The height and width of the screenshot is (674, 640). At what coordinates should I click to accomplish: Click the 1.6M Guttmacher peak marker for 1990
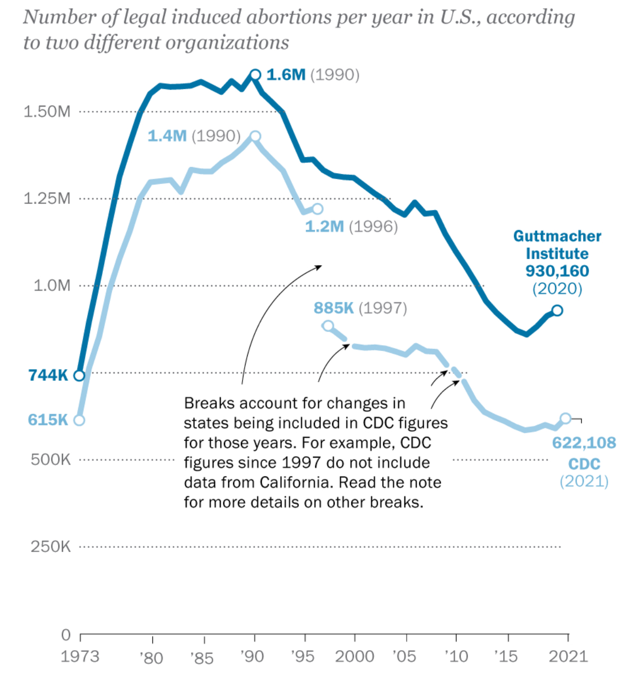coord(255,75)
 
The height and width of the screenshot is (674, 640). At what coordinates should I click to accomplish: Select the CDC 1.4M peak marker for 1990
coord(255,136)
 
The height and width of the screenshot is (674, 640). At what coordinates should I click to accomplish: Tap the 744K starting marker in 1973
coord(79,375)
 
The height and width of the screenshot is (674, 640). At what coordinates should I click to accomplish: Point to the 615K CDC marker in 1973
coord(79,420)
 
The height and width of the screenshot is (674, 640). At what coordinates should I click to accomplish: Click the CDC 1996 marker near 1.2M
coord(317,209)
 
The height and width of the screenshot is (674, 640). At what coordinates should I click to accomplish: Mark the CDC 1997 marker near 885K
coord(328,326)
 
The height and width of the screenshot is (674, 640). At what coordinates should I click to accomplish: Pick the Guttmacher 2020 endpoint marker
coord(557,310)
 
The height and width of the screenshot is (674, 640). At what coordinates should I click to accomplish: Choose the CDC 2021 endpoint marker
coord(566,418)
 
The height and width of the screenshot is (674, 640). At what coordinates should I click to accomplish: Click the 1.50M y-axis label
coord(47,111)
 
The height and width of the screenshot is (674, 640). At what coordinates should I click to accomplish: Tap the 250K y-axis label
coord(50,546)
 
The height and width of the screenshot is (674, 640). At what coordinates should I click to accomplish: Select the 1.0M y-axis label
coord(52,285)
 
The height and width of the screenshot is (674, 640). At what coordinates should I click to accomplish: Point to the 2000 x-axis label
coord(354,657)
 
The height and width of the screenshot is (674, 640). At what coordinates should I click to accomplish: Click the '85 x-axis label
coord(202,658)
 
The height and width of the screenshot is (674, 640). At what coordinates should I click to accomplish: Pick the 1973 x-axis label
coord(80,657)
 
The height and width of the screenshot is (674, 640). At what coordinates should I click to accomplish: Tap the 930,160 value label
coord(557,271)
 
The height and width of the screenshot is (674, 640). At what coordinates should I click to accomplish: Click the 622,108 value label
coord(584,443)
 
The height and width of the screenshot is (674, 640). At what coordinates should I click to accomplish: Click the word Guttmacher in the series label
coord(557,236)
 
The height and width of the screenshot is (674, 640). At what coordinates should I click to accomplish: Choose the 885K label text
coord(333,308)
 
